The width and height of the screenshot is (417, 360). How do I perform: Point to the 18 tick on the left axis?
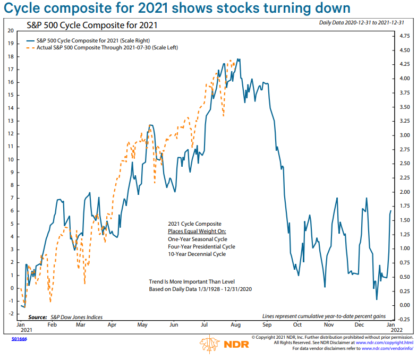[x=10, y=57]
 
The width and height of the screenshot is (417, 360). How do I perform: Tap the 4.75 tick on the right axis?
[x=404, y=36]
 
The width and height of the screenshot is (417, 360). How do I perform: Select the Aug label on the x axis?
[x=236, y=324]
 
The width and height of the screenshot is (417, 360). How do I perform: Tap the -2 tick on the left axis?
[x=10, y=314]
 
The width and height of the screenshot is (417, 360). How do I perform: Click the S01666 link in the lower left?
[x=19, y=337]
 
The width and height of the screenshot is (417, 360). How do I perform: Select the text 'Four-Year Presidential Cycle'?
[x=201, y=246]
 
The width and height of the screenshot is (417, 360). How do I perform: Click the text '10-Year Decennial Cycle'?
[x=197, y=254]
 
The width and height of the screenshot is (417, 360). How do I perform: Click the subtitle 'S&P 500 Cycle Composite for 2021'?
[x=92, y=25]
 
